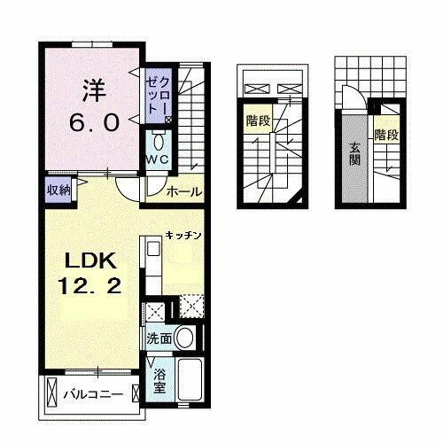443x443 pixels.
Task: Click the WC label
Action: click(x=158, y=159)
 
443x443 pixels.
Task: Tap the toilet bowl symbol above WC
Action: click(x=158, y=142)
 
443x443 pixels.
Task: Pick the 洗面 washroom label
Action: click(x=159, y=338)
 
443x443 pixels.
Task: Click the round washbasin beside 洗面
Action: click(x=185, y=338)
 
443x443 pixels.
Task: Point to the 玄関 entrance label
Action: click(x=353, y=157)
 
